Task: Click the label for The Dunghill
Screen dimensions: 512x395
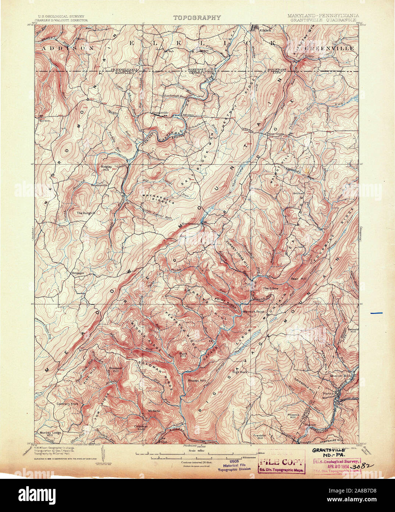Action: coord(86,213)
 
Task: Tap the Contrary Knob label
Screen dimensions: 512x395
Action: coord(68,404)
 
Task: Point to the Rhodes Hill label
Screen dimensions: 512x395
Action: coord(197,380)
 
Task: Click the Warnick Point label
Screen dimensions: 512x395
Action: coord(253,312)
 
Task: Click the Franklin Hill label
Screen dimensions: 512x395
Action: coord(260,437)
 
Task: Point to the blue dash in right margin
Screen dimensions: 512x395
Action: coord(376,313)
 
